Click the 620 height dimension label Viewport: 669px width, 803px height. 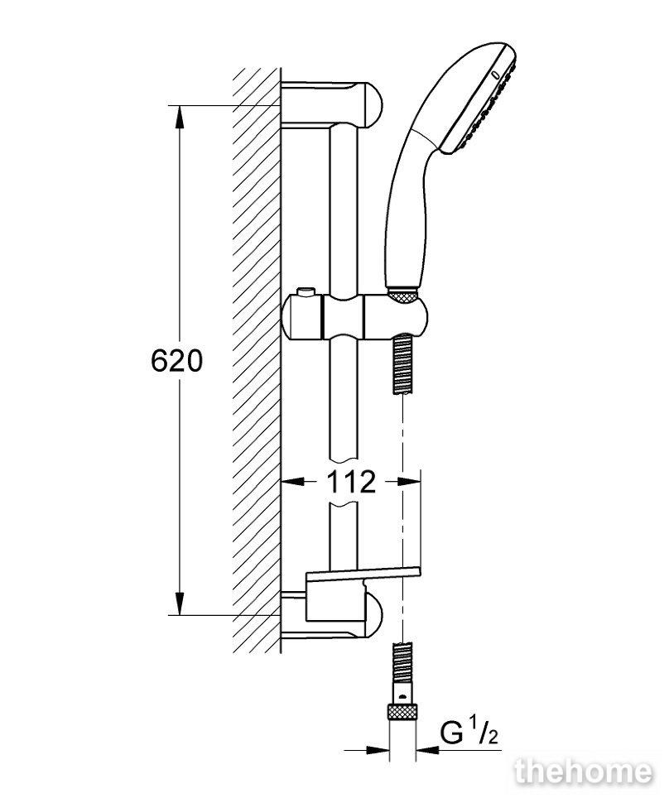pos(176,361)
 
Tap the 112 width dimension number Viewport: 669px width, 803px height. pos(351,482)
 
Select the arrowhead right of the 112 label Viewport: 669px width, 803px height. pos(409,482)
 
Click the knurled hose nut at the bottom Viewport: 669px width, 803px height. pos(402,712)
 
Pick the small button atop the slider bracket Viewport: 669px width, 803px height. pos(306,292)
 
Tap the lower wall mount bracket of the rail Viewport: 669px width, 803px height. pos(332,614)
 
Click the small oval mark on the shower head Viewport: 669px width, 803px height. pos(494,75)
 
